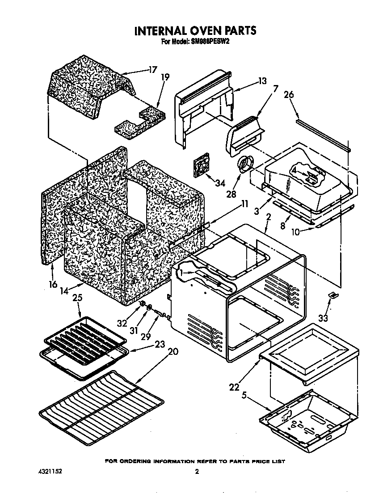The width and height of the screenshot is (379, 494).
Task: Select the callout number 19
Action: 165,77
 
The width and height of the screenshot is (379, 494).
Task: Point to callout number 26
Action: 289,95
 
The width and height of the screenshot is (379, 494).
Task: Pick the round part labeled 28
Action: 245,165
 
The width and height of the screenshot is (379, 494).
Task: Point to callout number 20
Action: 173,352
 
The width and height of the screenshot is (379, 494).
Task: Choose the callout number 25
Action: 77,298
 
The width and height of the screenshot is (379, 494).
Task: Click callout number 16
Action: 52,284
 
